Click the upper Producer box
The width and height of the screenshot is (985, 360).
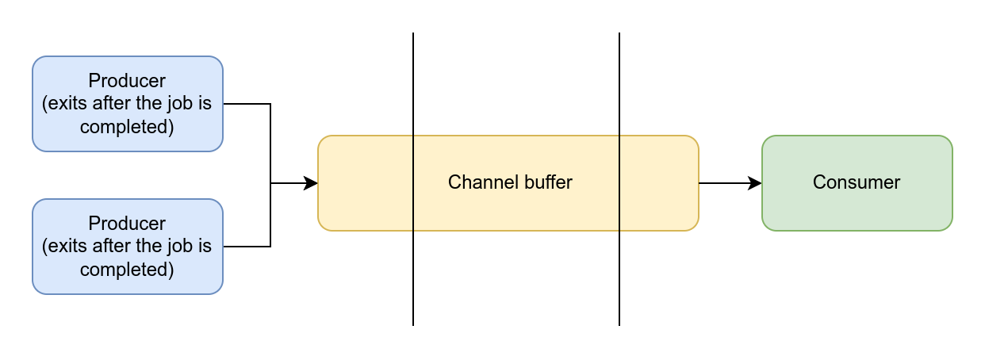click(128, 104)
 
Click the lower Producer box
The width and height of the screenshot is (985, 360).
click(128, 247)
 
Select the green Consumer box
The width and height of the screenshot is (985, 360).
click(857, 183)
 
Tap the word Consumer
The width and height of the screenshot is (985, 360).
click(857, 182)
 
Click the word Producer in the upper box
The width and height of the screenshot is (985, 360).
click(127, 80)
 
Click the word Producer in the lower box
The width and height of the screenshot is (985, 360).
click(127, 224)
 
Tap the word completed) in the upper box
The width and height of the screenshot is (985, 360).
click(127, 127)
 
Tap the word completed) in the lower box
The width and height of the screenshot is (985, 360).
click(127, 270)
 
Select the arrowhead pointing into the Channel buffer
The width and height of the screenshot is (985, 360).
click(311, 183)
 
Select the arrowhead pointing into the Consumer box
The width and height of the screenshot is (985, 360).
click(754, 183)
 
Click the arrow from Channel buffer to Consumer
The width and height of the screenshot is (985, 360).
click(730, 183)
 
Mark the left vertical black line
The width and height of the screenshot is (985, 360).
click(413, 179)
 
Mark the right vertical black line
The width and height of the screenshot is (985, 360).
click(619, 179)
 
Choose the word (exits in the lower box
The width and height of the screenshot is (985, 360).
click(65, 247)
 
